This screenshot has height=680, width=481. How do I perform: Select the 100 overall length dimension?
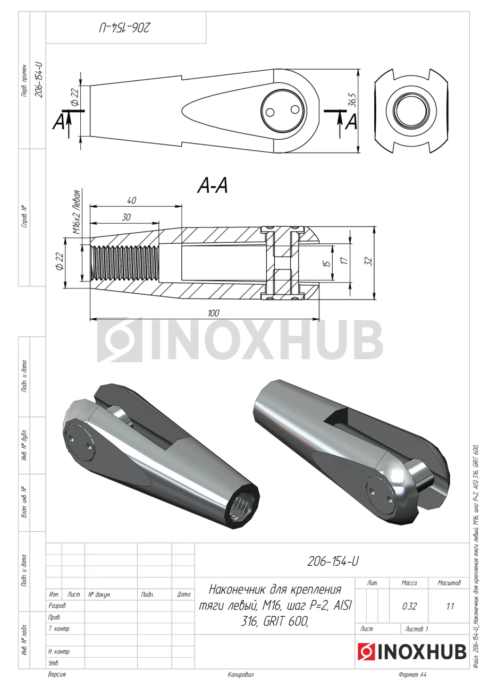214,313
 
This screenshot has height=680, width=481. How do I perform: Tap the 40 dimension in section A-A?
131,200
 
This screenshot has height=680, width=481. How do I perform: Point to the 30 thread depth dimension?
126,217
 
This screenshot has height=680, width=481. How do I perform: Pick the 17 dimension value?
344,260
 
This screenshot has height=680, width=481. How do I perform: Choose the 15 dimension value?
327,263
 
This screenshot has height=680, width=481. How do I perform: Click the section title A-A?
213,185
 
